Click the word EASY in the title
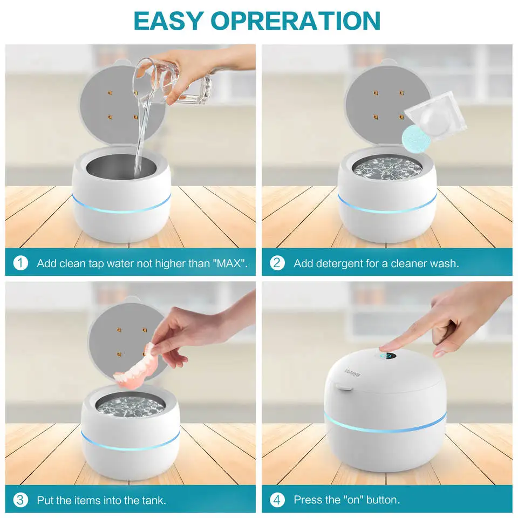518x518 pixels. pyautogui.click(x=168, y=20)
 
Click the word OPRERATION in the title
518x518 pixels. pyautogui.click(x=296, y=20)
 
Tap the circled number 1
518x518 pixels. pyautogui.click(x=21, y=263)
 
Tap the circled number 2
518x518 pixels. pyautogui.click(x=277, y=263)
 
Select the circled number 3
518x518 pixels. pyautogui.click(x=21, y=500)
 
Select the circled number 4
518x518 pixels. pyautogui.click(x=277, y=500)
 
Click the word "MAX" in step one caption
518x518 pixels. pyautogui.click(x=230, y=264)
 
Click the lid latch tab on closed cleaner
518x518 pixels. pyautogui.click(x=340, y=386)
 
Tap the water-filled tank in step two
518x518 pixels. pyautogui.click(x=387, y=167)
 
